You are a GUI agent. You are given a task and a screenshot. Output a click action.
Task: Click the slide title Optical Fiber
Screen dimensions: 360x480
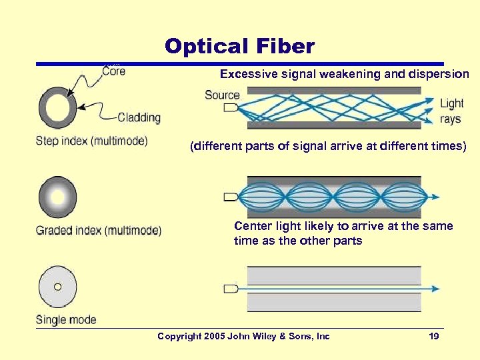(x=239, y=46)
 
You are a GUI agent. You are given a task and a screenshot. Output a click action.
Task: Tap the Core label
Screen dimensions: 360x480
(x=113, y=71)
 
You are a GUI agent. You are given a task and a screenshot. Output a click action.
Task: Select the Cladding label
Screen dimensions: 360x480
(x=139, y=117)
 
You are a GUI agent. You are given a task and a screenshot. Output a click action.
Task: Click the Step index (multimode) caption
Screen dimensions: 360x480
(x=91, y=141)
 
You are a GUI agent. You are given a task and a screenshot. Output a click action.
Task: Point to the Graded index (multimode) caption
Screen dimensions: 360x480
(x=98, y=231)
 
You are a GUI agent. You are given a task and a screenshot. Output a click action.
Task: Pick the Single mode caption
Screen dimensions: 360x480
(x=66, y=319)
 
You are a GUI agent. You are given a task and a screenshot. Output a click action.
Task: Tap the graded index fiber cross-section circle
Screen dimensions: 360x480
(x=57, y=197)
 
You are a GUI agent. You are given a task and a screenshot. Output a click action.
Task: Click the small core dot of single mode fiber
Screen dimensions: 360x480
(x=57, y=287)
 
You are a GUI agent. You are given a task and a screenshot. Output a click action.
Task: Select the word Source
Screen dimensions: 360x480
(x=222, y=95)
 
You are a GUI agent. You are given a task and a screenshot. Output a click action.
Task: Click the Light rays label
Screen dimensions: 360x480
(x=451, y=111)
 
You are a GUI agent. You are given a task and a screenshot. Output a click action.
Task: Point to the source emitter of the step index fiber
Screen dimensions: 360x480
(x=231, y=107)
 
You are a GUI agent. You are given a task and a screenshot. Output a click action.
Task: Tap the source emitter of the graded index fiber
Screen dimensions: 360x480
(x=231, y=197)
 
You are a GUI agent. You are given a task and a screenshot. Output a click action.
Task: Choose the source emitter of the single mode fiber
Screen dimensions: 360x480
(x=231, y=289)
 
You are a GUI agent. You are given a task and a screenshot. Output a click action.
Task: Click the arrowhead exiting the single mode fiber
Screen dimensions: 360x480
(x=435, y=289)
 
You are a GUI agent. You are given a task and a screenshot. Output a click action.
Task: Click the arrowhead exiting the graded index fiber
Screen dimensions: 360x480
(x=435, y=197)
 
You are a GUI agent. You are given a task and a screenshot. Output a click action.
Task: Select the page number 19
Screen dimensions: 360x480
(x=434, y=337)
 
